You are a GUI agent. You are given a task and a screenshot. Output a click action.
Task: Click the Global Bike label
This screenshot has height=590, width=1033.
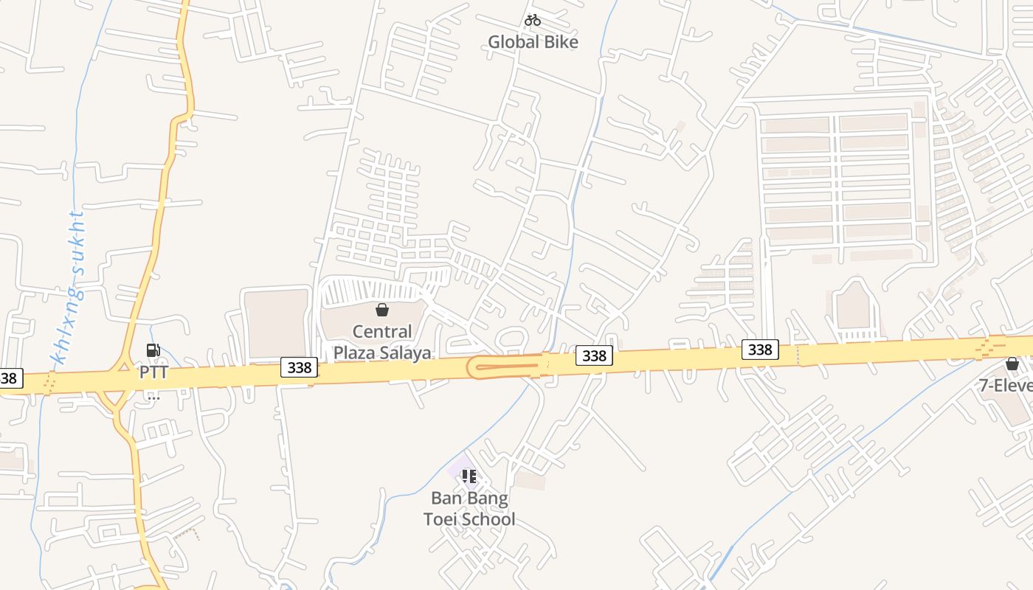pos(533,42)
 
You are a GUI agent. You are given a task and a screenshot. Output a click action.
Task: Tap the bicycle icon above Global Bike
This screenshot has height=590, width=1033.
pos(533,21)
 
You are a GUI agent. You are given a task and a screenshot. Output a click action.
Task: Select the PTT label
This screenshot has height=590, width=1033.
pos(153,372)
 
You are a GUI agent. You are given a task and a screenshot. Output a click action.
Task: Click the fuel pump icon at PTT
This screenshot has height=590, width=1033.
pos(153,351)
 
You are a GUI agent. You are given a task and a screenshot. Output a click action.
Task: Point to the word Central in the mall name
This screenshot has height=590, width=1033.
pos(381,332)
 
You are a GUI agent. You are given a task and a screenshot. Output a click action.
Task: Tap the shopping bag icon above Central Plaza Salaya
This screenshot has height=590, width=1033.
pos(381,310)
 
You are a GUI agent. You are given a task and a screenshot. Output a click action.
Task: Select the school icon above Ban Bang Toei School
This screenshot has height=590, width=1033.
pos(469,476)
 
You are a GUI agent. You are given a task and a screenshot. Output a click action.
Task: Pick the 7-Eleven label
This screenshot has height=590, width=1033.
pos(1005,385)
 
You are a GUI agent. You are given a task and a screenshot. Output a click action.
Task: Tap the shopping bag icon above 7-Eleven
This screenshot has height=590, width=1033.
pos(1012,364)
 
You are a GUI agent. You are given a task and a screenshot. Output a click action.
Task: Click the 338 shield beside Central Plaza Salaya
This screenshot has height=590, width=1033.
pos(299,367)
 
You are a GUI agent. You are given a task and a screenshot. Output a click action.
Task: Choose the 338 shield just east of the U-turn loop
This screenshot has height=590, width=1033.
pos(593,356)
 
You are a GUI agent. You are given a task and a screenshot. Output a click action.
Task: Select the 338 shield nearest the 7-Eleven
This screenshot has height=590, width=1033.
pos(759,349)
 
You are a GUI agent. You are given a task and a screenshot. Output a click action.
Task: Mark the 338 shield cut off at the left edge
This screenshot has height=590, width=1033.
pos(10,379)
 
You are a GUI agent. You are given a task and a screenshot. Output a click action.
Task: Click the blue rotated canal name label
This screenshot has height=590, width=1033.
pos(69,287)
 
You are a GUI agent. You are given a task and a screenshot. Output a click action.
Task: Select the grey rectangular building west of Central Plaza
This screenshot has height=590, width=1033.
pos(276,324)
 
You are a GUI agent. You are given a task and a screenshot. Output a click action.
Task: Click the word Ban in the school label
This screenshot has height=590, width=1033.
pos(446,499)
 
